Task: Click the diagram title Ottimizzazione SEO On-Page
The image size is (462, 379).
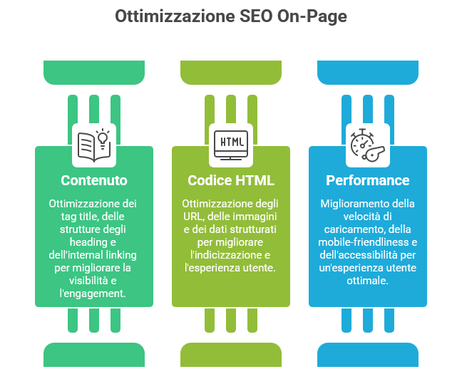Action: [230, 16]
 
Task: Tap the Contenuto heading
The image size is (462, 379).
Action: [94, 180]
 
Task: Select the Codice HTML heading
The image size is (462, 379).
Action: [231, 180]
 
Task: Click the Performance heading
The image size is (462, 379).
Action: [368, 180]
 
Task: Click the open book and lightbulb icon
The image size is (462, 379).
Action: [94, 143]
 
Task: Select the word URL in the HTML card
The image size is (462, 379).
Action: [194, 216]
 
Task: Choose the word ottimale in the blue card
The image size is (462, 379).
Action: [368, 280]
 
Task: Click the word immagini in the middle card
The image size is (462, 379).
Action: [256, 216]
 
